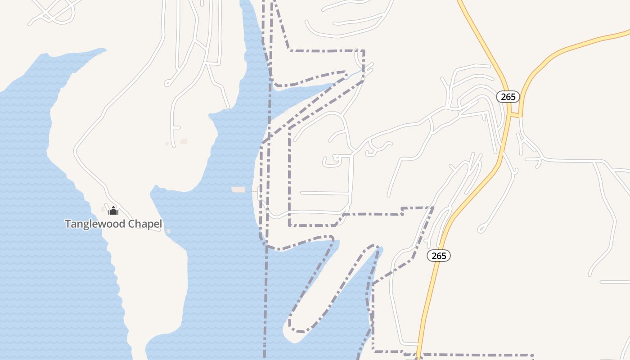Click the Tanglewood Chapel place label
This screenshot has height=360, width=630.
tap(113, 224)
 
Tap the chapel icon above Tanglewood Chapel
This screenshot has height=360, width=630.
tap(113, 211)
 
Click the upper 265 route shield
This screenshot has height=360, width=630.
tap(508, 97)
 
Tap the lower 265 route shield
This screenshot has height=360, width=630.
tap(438, 256)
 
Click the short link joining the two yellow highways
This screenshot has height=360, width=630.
tap(516, 115)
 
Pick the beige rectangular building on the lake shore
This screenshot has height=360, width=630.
tap(238, 189)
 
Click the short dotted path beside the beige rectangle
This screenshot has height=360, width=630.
tap(255, 191)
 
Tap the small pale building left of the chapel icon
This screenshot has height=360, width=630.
tap(103, 209)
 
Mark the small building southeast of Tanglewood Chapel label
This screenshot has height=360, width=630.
tap(168, 231)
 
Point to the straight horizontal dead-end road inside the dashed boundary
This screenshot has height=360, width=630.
tap(324, 193)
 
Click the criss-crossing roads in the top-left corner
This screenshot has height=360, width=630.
tap(54, 11)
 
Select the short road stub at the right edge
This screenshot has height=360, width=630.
tap(615, 282)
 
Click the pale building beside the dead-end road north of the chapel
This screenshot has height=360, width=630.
tap(184, 141)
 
